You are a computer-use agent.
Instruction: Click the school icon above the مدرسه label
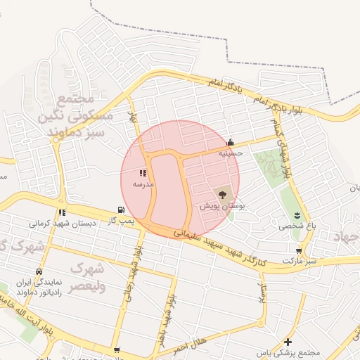click(x=144, y=172)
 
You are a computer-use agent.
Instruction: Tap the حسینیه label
click(x=230, y=152)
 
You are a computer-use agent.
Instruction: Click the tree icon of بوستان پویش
click(x=223, y=195)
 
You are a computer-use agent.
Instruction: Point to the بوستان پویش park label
click(x=222, y=207)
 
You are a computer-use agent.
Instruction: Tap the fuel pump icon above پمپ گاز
click(x=122, y=210)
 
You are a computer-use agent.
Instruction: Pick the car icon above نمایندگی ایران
click(x=39, y=271)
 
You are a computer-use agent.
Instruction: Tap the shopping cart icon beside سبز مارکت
click(x=300, y=250)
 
